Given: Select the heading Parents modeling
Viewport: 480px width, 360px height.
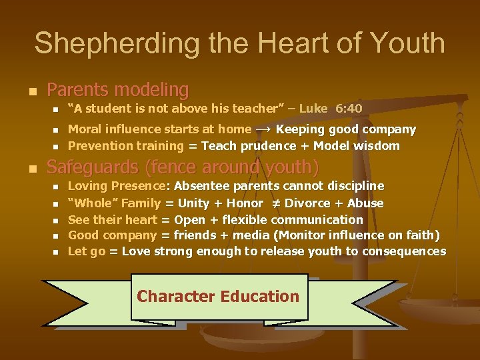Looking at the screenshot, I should (x=118, y=89).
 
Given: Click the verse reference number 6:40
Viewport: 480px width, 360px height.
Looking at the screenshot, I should (x=349, y=108).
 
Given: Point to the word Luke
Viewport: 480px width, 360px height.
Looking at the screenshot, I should (x=313, y=108).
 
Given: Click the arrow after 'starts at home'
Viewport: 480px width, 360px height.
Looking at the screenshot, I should (x=263, y=129).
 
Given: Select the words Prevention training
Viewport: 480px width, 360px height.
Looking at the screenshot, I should (x=126, y=145).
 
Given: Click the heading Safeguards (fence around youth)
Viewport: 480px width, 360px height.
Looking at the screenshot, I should (x=183, y=166).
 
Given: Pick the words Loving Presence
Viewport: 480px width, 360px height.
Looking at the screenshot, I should (x=116, y=185).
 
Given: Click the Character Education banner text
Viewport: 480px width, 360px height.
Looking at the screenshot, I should (x=218, y=296).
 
